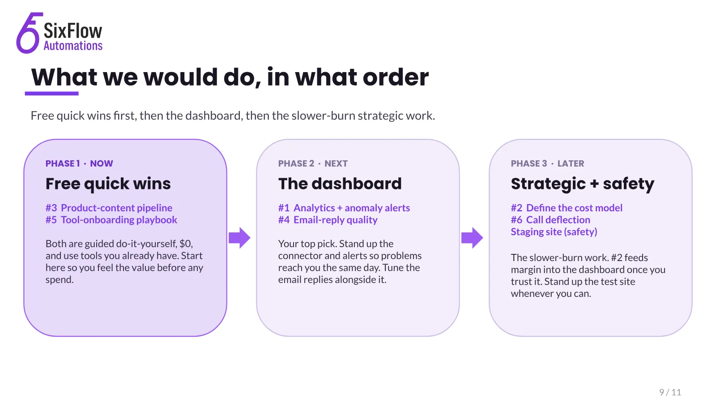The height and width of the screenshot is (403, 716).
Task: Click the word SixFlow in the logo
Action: pyautogui.click(x=73, y=31)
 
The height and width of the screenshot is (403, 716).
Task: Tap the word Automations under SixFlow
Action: pyautogui.click(x=73, y=46)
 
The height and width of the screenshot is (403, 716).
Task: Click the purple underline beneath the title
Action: pyautogui.click(x=52, y=94)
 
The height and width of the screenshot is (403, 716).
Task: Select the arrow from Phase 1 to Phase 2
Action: pyautogui.click(x=239, y=238)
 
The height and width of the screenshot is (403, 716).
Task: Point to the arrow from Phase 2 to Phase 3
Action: pyautogui.click(x=472, y=238)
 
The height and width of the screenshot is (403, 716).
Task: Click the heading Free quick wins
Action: pyautogui.click(x=108, y=184)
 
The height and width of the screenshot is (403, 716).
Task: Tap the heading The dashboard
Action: pyautogui.click(x=340, y=184)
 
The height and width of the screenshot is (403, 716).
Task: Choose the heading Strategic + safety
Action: pyautogui.click(x=582, y=184)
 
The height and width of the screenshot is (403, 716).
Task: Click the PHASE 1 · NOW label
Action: pyautogui.click(x=79, y=163)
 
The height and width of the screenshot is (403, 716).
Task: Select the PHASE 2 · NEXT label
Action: pyautogui.click(x=313, y=163)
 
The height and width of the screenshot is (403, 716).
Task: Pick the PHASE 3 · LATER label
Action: pyautogui.click(x=548, y=163)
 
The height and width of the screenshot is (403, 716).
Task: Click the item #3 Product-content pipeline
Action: pyautogui.click(x=109, y=208)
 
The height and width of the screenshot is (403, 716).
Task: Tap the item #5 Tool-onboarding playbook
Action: pyautogui.click(x=111, y=220)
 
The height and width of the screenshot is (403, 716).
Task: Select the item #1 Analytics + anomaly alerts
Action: pyautogui.click(x=344, y=208)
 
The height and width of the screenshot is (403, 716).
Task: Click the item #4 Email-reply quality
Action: pyautogui.click(x=328, y=220)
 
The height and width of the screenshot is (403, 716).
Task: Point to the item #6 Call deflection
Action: pyautogui.click(x=550, y=220)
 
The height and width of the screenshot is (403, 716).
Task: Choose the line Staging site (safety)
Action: pyautogui.click(x=554, y=232)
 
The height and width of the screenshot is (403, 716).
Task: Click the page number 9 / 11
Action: pyautogui.click(x=670, y=392)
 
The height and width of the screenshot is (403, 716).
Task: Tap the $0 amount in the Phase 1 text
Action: pyautogui.click(x=186, y=244)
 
